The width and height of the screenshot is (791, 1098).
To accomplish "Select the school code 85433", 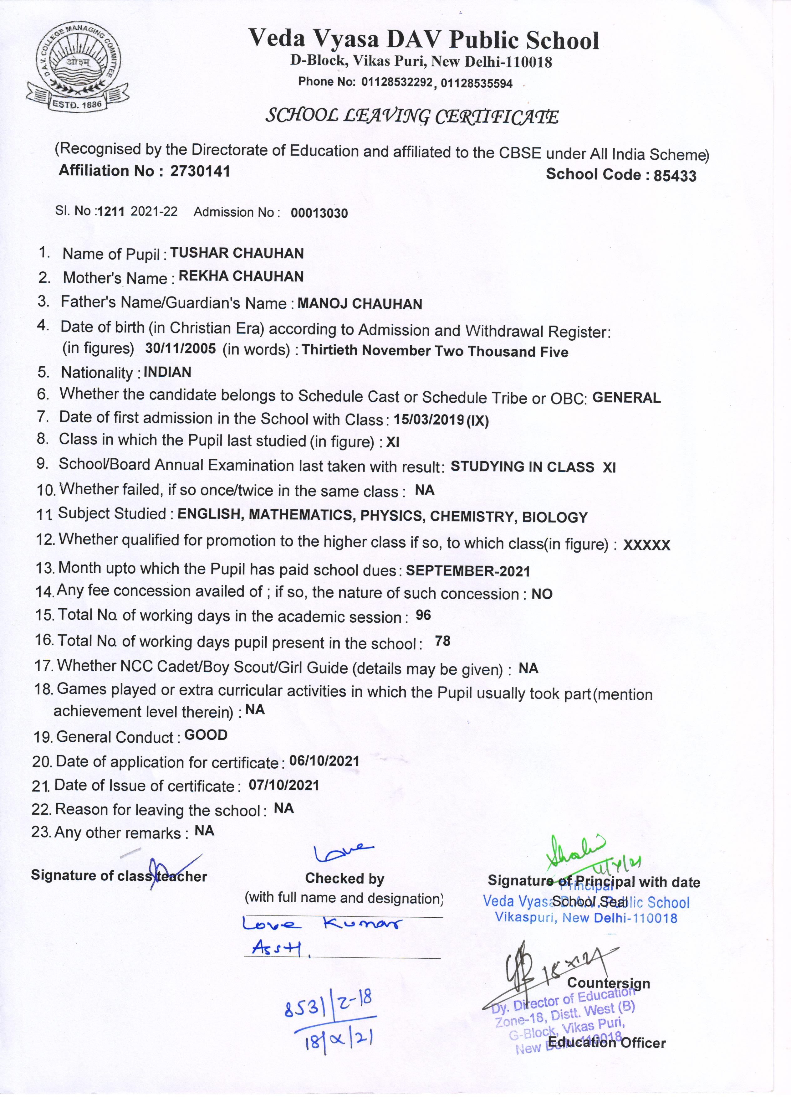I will [675, 176].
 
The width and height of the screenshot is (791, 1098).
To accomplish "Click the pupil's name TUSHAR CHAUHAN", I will [237, 253].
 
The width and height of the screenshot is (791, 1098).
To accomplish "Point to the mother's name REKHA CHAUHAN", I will [241, 276].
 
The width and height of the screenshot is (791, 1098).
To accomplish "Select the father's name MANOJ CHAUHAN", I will [360, 304].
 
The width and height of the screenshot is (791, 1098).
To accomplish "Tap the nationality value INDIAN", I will [167, 372].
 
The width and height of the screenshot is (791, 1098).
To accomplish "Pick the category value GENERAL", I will [626, 398].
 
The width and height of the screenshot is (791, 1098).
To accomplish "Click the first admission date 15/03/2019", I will [429, 419].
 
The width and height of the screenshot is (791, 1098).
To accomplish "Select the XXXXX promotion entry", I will [647, 546].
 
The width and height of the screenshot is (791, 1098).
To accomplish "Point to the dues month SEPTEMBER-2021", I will [468, 571].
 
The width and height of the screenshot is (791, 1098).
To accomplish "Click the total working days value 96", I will [423, 615].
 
